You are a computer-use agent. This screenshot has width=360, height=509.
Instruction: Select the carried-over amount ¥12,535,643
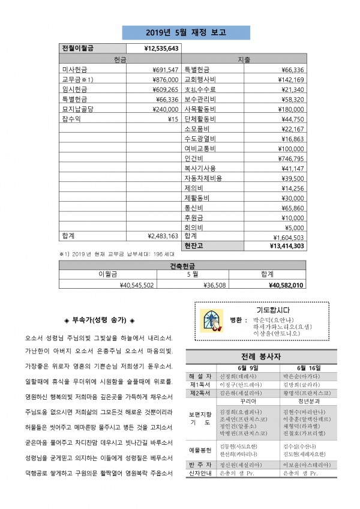pos(162,49)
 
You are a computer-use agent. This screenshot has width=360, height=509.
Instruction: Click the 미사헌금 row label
pos(75,70)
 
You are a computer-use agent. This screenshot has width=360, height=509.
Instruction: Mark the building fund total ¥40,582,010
pos(287,285)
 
